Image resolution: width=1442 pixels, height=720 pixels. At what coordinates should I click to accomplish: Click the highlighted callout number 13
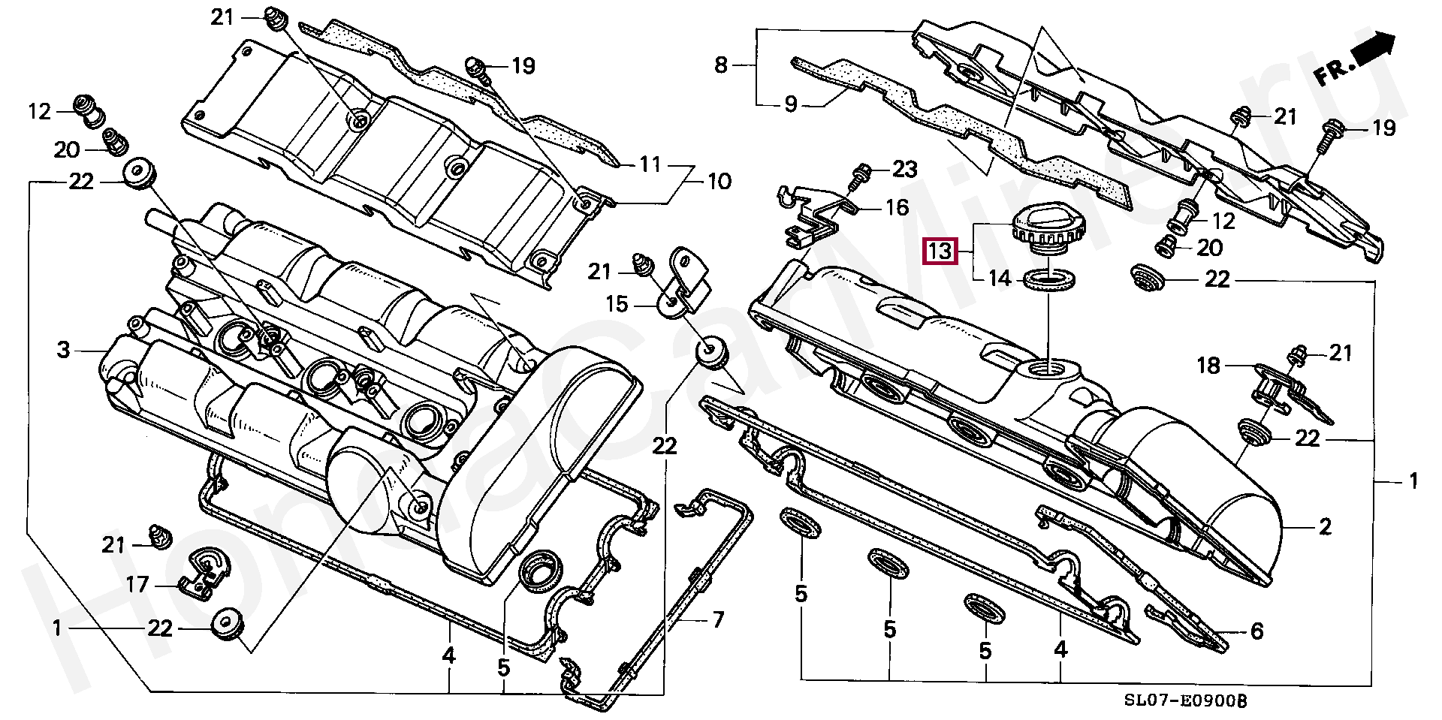point(940,251)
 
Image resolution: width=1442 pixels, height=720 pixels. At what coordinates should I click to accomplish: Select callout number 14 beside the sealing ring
point(999,279)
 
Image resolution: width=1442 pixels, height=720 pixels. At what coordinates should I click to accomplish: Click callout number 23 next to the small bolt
point(905,170)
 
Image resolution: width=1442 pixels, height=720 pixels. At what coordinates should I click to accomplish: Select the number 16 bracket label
point(897,207)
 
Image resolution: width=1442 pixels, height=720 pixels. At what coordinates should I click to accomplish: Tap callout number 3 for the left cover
point(63,350)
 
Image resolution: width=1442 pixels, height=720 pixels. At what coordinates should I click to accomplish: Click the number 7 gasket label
point(717,620)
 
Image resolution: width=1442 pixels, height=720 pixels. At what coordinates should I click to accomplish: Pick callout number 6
point(1256,631)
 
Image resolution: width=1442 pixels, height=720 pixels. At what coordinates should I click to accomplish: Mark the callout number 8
point(721,66)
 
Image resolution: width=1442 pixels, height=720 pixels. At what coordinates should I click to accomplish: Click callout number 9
point(790,104)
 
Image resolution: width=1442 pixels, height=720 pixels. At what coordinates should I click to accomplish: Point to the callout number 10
point(719,182)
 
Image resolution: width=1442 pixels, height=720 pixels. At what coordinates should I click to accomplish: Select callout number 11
point(650,164)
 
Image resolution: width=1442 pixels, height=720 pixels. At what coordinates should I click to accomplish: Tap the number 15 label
point(617,305)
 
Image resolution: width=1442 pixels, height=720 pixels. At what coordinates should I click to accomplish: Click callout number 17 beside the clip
point(137,584)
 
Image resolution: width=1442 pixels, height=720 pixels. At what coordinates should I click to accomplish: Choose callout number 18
point(1208,366)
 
